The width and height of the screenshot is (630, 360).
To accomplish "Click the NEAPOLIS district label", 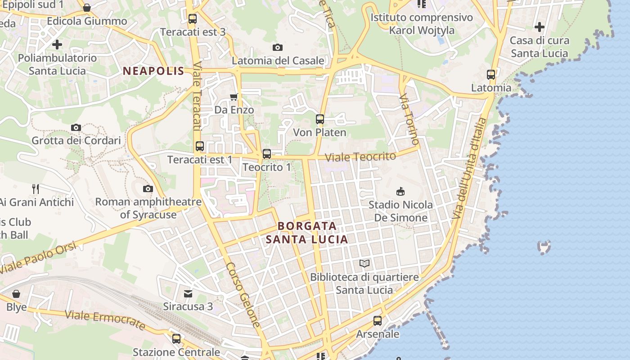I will pyautogui.click(x=153, y=71).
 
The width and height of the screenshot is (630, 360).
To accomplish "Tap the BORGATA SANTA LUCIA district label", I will pyautogui.click(x=307, y=233).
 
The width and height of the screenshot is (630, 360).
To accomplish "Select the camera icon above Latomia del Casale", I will pyautogui.click(x=278, y=47).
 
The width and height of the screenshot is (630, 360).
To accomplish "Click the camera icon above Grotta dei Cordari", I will pyautogui.click(x=76, y=127).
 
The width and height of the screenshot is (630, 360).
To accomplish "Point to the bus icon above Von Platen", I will pyautogui.click(x=320, y=119).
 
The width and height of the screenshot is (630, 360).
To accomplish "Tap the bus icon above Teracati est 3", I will pyautogui.click(x=193, y=19).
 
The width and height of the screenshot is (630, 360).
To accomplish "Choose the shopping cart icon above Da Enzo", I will pyautogui.click(x=234, y=97).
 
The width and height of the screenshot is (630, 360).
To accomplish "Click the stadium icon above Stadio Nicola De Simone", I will pyautogui.click(x=400, y=191).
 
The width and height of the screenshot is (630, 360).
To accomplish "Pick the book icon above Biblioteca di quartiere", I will pyautogui.click(x=364, y=263).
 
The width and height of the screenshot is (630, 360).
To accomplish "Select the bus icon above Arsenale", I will pyautogui.click(x=378, y=321).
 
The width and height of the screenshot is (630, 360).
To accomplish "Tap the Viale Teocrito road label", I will pyautogui.click(x=360, y=157).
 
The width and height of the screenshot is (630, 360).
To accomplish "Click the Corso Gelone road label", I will pyautogui.click(x=243, y=295).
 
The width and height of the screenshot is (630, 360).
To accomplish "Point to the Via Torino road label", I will pyautogui.click(x=409, y=119).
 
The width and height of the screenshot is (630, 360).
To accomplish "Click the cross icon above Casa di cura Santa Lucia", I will pyautogui.click(x=540, y=27).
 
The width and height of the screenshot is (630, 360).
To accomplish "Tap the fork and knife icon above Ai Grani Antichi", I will pyautogui.click(x=36, y=189).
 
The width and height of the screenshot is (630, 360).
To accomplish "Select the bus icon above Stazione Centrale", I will pyautogui.click(x=176, y=338).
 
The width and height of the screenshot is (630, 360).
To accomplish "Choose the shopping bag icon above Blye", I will pyautogui.click(x=16, y=294).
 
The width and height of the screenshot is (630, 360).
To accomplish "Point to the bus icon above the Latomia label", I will pyautogui.click(x=491, y=75).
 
